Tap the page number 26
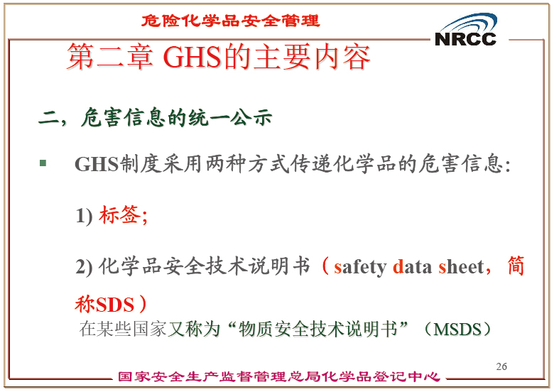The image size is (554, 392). click(501, 366)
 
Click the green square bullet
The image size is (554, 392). click(43, 163)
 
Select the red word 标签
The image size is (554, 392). click(119, 214)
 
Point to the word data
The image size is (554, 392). click(412, 266)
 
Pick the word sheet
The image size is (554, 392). click(461, 266)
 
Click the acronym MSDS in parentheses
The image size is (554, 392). click(457, 329)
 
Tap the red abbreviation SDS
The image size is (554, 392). click(115, 305)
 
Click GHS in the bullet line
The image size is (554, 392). click(96, 164)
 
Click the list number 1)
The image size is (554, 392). click(84, 215)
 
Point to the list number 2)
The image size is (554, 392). click(84, 266)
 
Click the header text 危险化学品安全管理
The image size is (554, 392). click(230, 21)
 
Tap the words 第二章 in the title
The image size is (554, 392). click(110, 57)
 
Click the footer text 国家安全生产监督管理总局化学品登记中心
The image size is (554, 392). click(279, 376)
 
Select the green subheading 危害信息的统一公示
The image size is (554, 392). click(177, 117)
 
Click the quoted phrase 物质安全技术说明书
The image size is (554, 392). click(318, 329)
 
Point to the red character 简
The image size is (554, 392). click(516, 266)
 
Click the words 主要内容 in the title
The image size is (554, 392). click(312, 57)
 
